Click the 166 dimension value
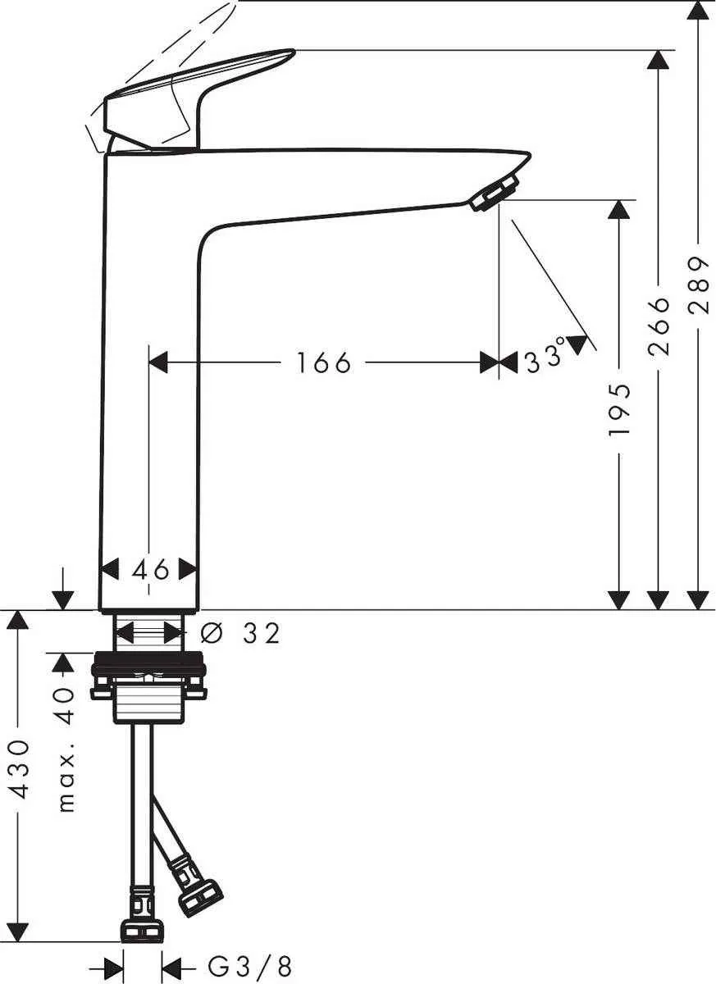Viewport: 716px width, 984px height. point(323,362)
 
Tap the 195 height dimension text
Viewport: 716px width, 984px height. point(620,408)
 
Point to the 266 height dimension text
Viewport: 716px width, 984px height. point(659,326)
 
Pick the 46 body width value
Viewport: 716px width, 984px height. point(150,568)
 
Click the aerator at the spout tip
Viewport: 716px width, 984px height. point(495,190)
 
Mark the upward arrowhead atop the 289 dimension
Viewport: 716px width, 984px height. point(698,11)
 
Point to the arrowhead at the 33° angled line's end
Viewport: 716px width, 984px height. point(581,344)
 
